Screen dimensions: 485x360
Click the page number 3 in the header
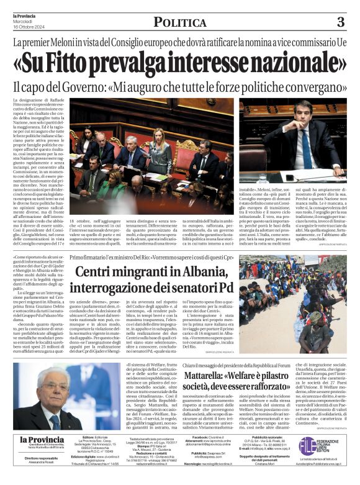(340, 23)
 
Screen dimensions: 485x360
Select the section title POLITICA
(180, 23)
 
